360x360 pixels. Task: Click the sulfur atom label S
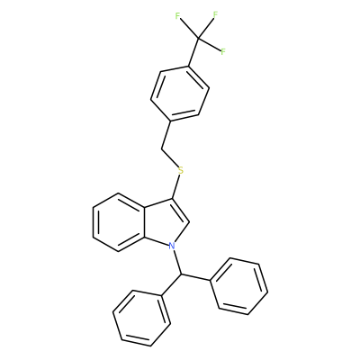pos(180,171)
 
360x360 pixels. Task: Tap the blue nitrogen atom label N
pos(172,246)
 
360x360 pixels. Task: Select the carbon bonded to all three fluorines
pos(198,38)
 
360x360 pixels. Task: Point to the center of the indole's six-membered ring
pos(119,222)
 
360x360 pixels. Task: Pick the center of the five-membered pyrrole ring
pos(165,223)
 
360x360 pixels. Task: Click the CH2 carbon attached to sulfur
pos(162,148)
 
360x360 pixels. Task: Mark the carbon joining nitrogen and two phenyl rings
pos(181,274)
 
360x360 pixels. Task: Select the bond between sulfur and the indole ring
pos(176,187)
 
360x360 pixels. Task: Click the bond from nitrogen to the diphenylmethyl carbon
pos(176,262)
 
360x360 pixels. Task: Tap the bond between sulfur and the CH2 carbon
pos(170,158)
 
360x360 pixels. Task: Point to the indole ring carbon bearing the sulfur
pos(172,199)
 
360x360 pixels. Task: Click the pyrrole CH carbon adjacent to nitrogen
pos(189,222)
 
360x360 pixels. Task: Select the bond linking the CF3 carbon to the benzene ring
pos(193,51)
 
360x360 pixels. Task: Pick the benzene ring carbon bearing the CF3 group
pos(189,66)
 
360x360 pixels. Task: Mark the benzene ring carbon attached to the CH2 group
pos(171,121)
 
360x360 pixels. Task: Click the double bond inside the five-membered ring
pos(181,211)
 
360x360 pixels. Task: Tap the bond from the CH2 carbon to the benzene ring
pos(166,135)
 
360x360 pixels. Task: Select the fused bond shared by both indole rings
pos(145,222)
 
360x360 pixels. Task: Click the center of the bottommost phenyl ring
pos(141,319)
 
